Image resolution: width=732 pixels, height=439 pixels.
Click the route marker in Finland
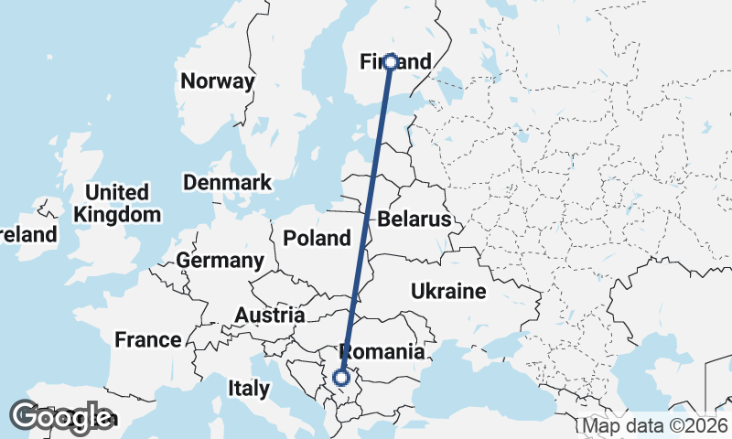tap(391, 62)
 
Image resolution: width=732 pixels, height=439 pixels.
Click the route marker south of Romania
tap(341, 377)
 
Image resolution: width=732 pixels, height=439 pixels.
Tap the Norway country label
tap(217, 81)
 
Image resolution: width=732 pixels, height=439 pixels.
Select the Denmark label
tap(227, 182)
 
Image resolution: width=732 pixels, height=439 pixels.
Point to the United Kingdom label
tap(117, 203)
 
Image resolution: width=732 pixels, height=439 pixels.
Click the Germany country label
tap(220, 261)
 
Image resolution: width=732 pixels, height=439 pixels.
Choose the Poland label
tap(317, 239)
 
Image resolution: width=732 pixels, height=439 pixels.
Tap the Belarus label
tap(414, 219)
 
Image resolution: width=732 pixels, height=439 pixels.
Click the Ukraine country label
tap(447, 292)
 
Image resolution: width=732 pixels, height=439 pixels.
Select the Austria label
tap(269, 315)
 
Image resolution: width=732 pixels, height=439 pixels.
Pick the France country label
tap(147, 340)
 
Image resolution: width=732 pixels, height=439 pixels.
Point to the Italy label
tap(248, 388)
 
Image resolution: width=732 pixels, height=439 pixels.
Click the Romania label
tap(382, 352)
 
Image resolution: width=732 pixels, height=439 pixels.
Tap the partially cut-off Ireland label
tap(27, 235)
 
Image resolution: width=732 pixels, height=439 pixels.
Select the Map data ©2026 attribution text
tap(655, 426)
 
